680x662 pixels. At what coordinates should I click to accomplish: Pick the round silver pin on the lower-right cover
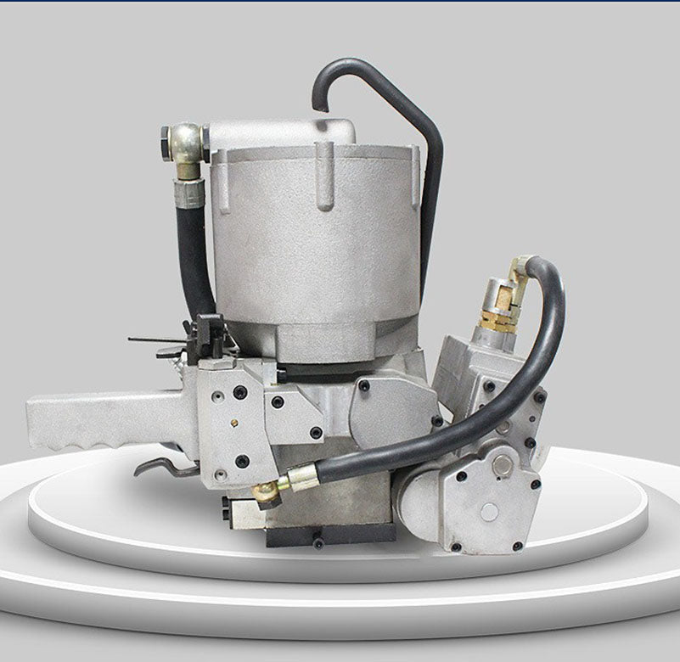(503, 464)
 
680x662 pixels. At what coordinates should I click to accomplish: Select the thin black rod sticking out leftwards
(157, 341)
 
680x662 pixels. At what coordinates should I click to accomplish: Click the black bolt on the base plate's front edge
(318, 541)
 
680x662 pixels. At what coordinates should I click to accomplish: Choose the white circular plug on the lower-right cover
(490, 511)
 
